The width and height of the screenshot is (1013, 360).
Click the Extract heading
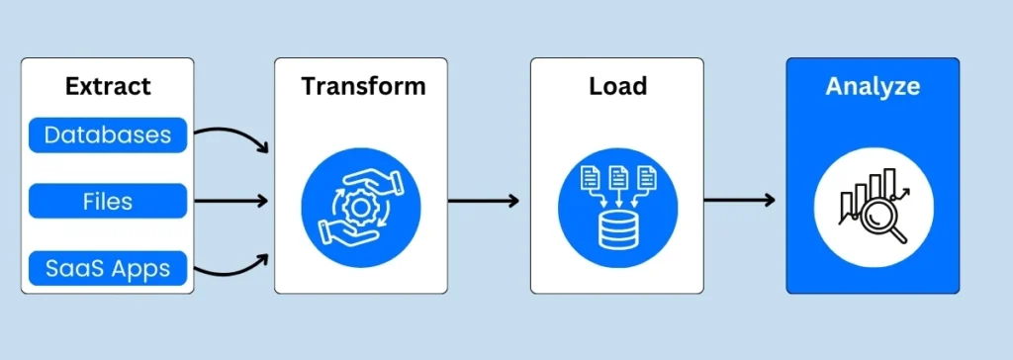coord(108,86)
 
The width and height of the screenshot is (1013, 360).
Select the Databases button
coord(108,135)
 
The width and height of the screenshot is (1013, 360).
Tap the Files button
coord(108,201)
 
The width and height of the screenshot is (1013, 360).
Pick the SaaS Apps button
coord(108,267)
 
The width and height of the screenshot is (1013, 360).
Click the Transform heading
coord(363,86)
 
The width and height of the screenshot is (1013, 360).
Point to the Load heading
coord(617,86)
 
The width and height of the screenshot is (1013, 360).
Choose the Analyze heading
coord(873,87)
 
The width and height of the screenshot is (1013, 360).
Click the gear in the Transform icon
coord(362,203)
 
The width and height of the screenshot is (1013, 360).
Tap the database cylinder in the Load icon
coord(617,229)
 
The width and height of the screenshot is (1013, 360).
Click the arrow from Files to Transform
coord(230,201)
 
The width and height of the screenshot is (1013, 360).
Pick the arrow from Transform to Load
coord(483,201)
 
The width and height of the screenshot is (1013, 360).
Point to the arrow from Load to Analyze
coord(739,201)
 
